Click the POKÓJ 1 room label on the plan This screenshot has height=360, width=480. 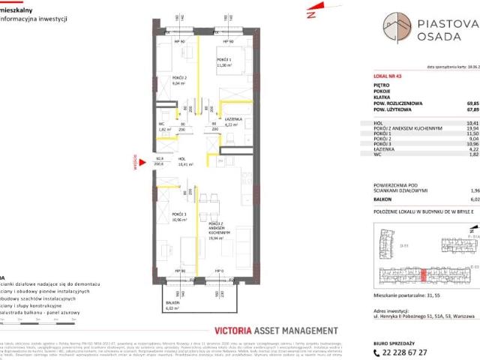[x=224, y=61]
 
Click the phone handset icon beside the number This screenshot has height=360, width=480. [x=376, y=350]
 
